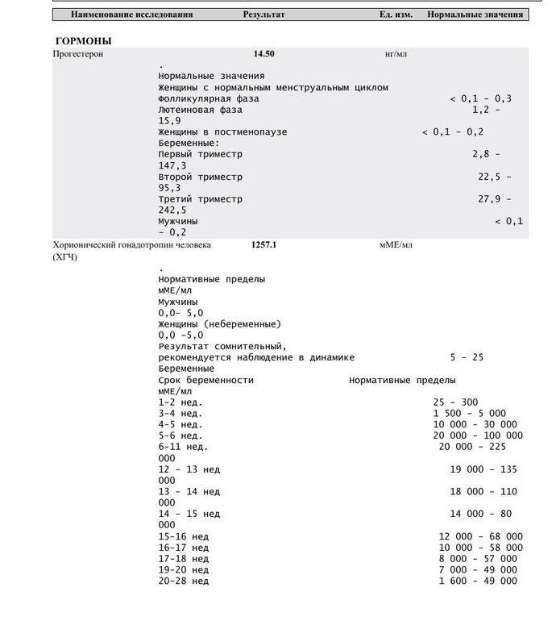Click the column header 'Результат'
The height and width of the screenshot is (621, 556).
pyautogui.click(x=263, y=14)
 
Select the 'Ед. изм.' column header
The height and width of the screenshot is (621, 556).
pyautogui.click(x=396, y=14)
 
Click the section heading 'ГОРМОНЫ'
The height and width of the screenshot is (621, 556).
pyautogui.click(x=83, y=40)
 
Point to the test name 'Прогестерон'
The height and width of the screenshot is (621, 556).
pyautogui.click(x=78, y=54)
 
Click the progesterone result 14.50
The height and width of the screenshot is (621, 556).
pyautogui.click(x=264, y=54)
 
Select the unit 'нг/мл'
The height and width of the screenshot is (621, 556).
pyautogui.click(x=396, y=54)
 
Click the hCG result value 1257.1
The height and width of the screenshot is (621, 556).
pyautogui.click(x=263, y=245)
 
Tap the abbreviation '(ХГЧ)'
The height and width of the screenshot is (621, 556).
pyautogui.click(x=65, y=257)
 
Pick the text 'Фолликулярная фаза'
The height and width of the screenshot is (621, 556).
pyautogui.click(x=209, y=98)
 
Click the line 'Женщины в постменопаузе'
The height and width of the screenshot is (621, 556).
pyautogui.click(x=222, y=132)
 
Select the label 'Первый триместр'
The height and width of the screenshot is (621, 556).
pyautogui.click(x=201, y=154)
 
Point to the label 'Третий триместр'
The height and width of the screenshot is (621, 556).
pyautogui.click(x=201, y=199)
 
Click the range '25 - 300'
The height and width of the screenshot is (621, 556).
pyautogui.click(x=455, y=402)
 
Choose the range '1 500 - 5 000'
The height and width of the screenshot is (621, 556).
pyautogui.click(x=470, y=413)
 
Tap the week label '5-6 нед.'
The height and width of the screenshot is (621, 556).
pyautogui.click(x=180, y=436)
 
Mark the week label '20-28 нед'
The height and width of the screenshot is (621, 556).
pyautogui.click(x=184, y=581)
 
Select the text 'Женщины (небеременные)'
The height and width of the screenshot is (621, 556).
pyautogui.click(x=220, y=324)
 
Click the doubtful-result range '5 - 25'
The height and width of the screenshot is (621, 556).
pyautogui.click(x=467, y=357)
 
